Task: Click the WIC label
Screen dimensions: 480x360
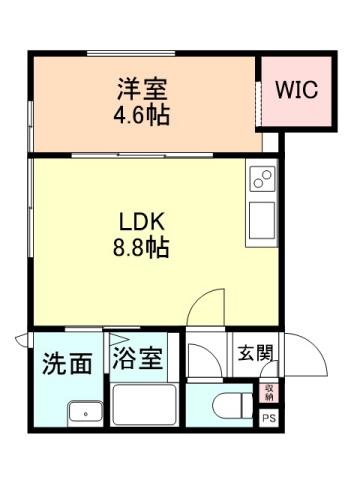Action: click(x=296, y=89)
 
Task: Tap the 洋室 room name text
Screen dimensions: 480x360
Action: click(x=140, y=87)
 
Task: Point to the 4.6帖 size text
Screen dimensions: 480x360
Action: click(x=140, y=112)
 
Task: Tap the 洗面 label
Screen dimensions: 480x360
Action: click(x=67, y=363)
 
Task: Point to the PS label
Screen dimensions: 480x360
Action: click(x=269, y=419)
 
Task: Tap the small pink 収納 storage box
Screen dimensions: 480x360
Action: click(x=269, y=393)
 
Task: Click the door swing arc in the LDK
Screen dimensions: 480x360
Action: click(x=204, y=306)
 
